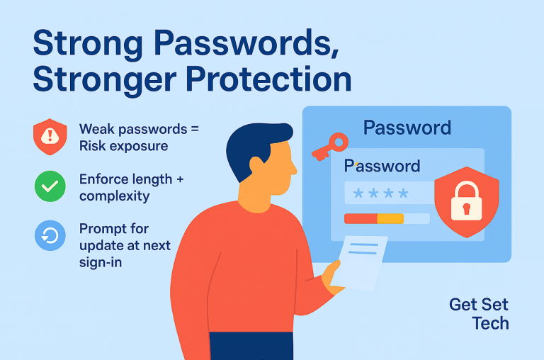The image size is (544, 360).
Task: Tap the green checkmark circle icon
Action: (x=50, y=186)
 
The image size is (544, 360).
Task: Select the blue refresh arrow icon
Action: (x=50, y=236)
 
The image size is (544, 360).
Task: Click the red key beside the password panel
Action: (x=329, y=146)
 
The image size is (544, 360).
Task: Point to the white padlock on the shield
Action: (x=466, y=202)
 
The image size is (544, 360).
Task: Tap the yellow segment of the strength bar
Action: (x=390, y=219)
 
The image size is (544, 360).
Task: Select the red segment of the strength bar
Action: (x=360, y=219)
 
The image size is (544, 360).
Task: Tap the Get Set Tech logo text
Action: (x=480, y=314)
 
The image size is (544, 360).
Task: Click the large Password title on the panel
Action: (x=407, y=128)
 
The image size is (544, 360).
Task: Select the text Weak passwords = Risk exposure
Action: (x=139, y=137)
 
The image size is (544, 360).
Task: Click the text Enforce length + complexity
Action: (x=131, y=187)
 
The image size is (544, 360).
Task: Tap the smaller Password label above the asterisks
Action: (x=382, y=166)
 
